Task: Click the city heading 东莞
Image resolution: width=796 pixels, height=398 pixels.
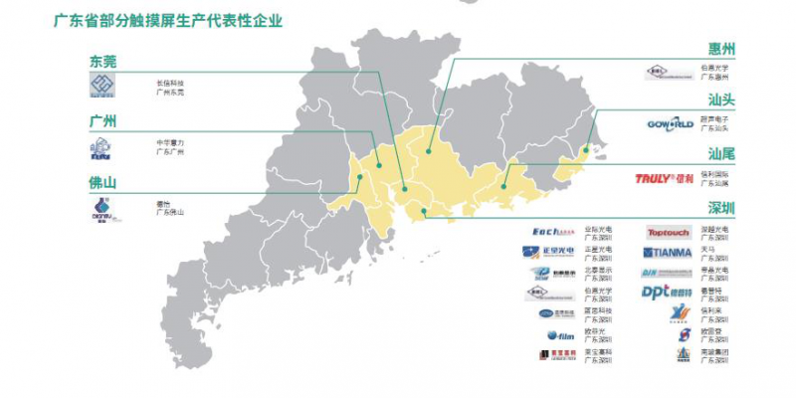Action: click(x=102, y=62)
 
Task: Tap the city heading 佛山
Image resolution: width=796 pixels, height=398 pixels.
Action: click(x=102, y=183)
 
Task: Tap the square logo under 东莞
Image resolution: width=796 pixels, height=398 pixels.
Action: click(x=103, y=88)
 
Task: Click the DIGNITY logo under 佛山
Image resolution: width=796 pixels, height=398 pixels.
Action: click(x=102, y=208)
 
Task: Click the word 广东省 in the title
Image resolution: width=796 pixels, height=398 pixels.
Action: click(x=74, y=19)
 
